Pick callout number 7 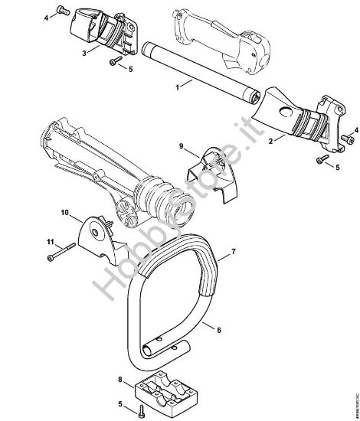coord(232,251)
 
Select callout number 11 coord(51,243)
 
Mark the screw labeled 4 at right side coord(352,140)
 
